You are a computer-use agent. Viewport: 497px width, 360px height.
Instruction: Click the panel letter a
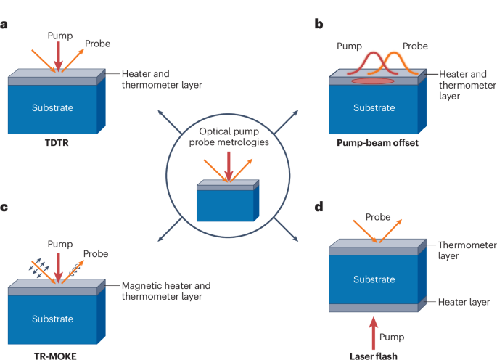click(4, 24)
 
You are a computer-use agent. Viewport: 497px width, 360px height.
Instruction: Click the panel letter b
click(319, 24)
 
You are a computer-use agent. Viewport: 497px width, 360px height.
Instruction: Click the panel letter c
click(4, 208)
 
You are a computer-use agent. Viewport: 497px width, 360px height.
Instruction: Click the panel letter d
click(319, 208)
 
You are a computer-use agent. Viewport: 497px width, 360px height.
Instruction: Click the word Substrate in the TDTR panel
click(52, 107)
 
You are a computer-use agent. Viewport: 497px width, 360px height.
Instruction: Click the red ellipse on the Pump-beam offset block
click(373, 81)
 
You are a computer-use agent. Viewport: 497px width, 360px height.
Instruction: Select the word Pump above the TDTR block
click(59, 35)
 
